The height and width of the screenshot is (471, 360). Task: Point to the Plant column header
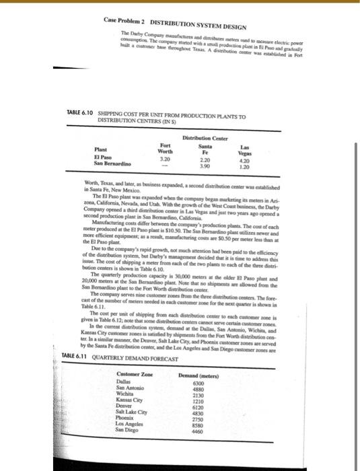click(103, 151)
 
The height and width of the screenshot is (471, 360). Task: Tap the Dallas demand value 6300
click(222, 383)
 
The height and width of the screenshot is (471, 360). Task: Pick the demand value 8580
click(222, 428)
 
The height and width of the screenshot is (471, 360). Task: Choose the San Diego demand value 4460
click(222, 435)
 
